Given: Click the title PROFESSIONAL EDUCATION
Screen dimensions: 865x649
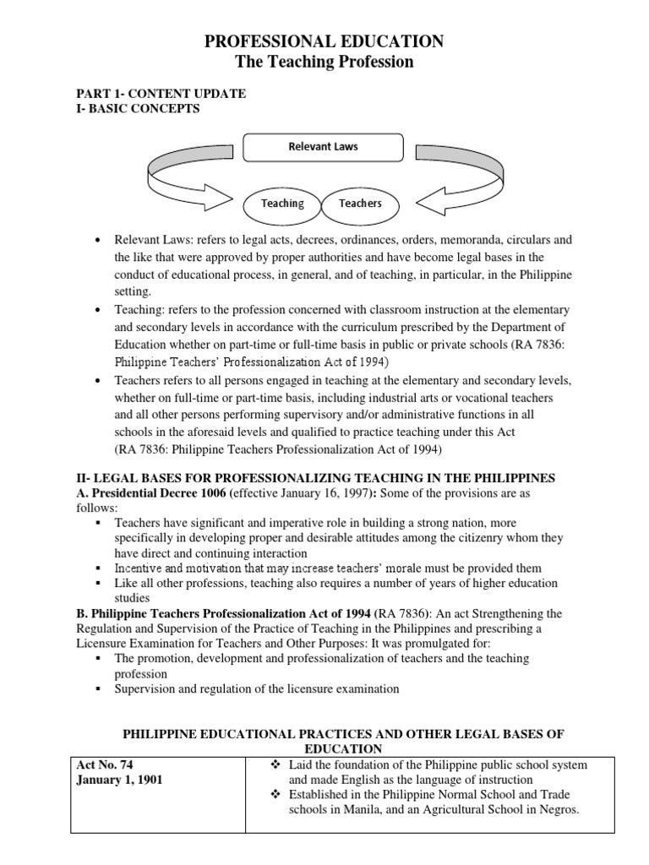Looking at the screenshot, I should [x=325, y=41].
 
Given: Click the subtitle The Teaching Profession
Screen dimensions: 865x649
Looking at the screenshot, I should [x=325, y=62].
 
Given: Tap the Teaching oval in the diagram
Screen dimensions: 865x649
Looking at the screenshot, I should [x=282, y=204].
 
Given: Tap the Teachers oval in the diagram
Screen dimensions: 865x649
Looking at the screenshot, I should [x=360, y=204].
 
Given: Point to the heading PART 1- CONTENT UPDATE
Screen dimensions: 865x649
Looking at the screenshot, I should [x=161, y=94].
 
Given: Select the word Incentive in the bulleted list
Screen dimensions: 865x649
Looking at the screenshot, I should [x=140, y=569].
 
